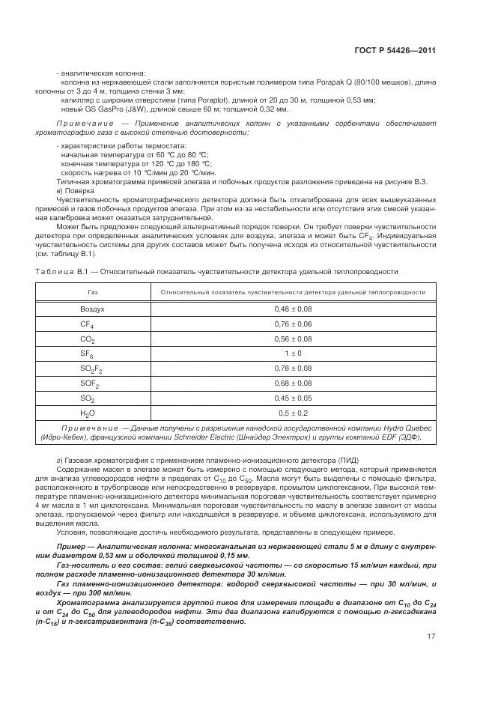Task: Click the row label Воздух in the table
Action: [92, 309]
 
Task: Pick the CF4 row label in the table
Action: [87, 324]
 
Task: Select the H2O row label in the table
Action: [88, 413]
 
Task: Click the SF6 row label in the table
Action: [87, 353]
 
